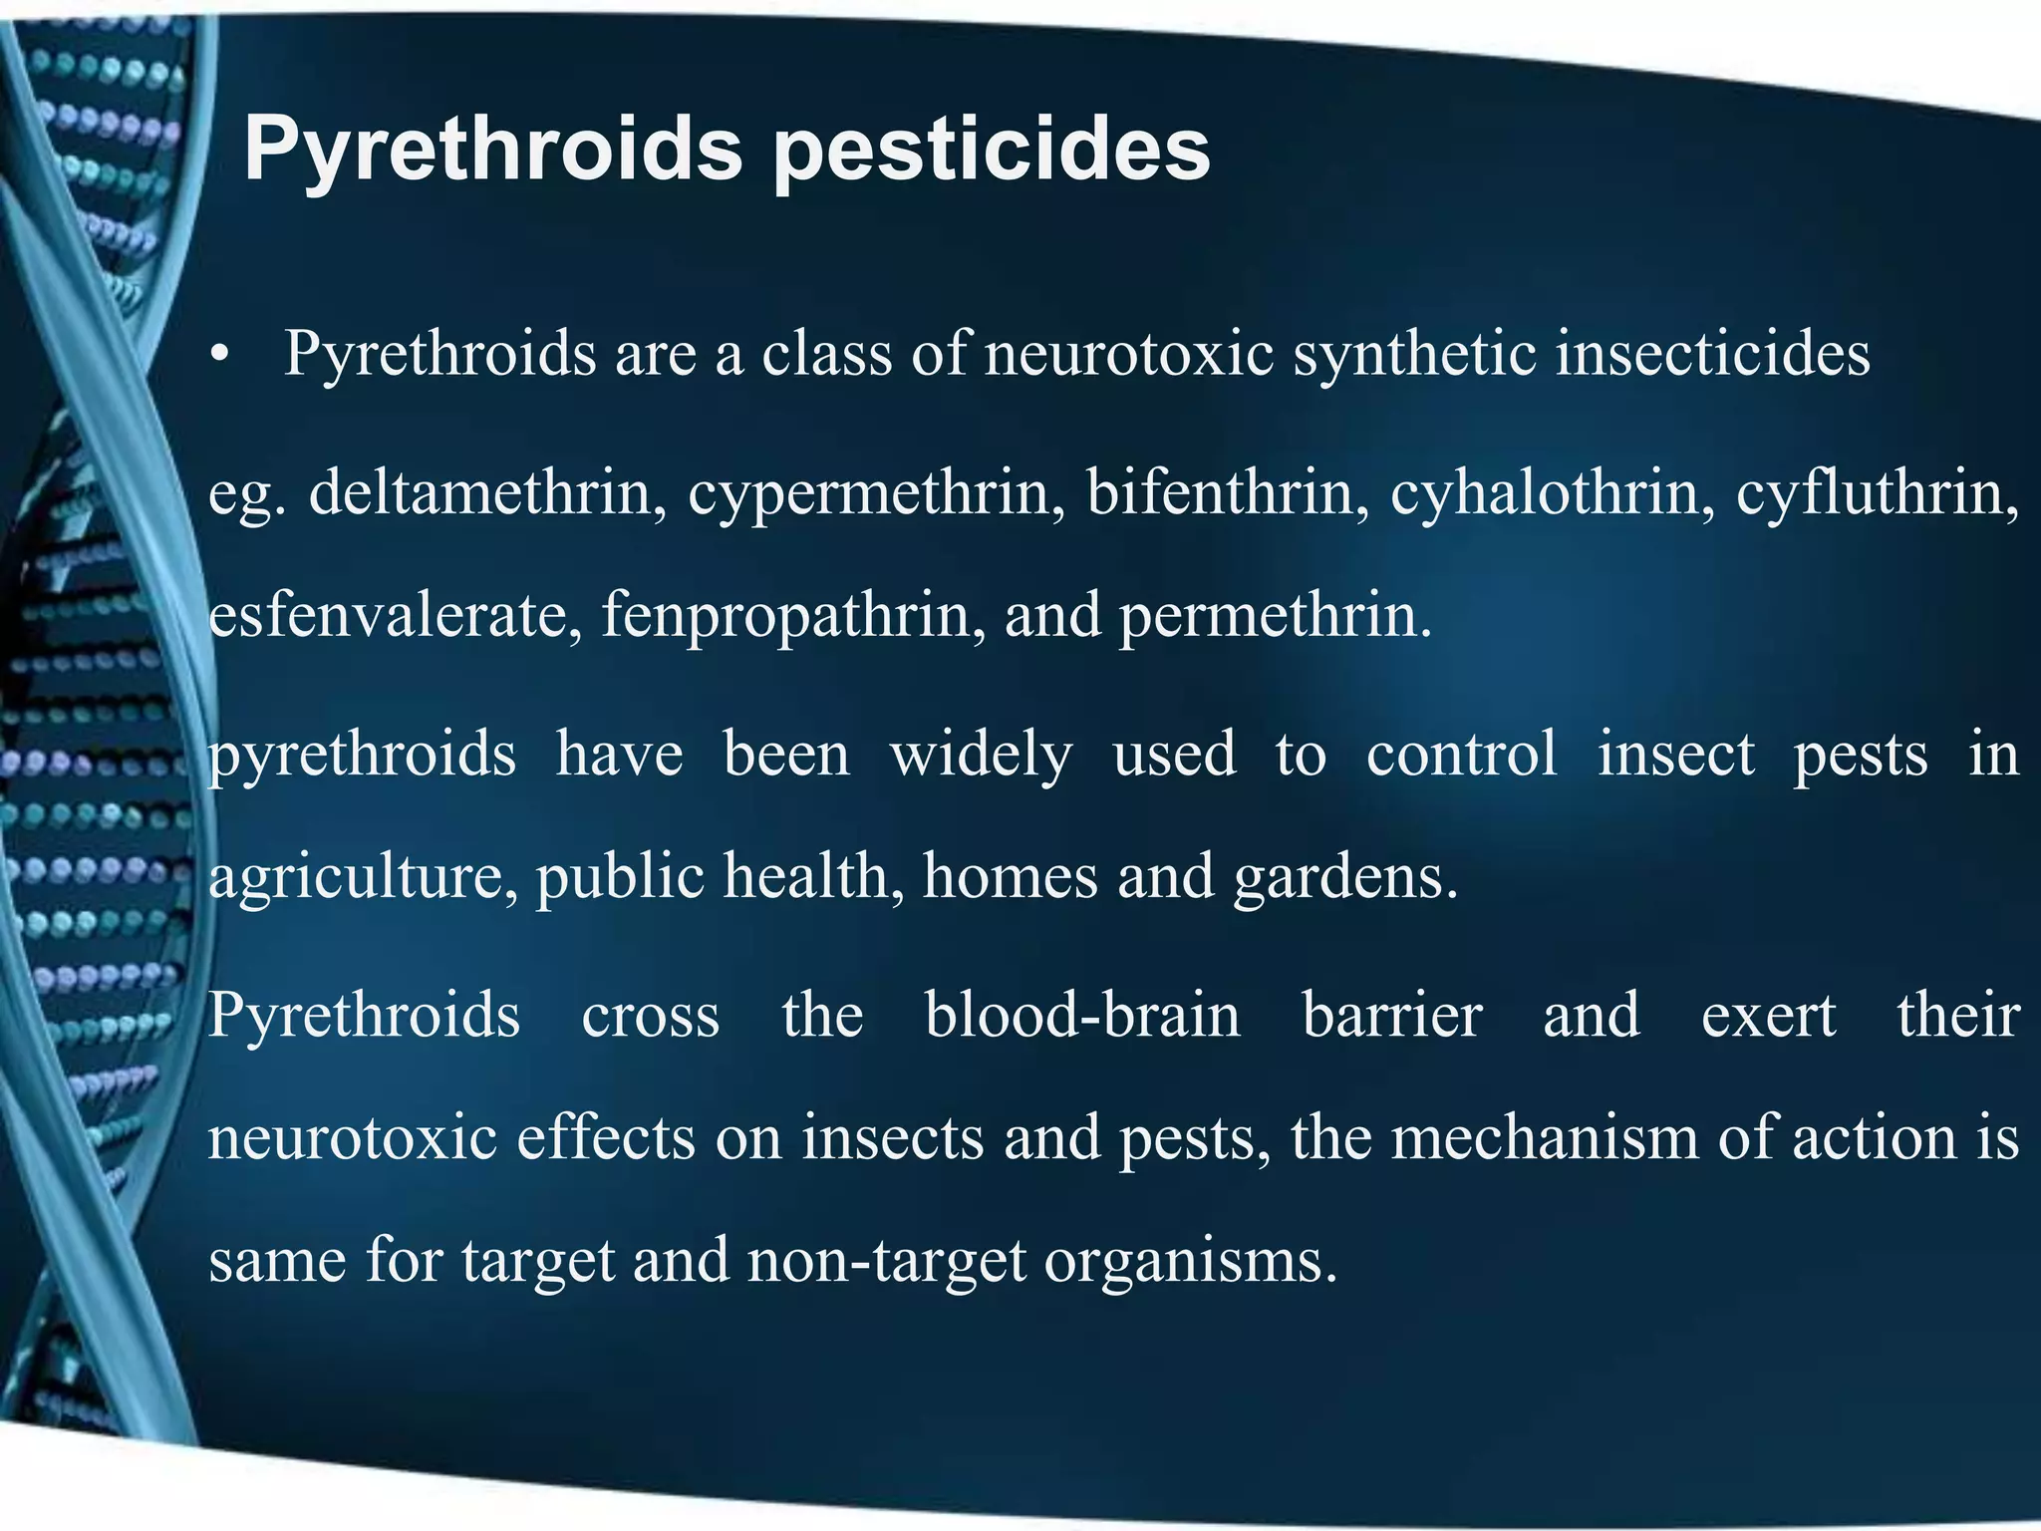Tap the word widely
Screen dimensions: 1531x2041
click(x=981, y=755)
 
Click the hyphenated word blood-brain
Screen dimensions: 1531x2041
click(x=1082, y=1016)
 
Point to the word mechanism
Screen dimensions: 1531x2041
click(x=1545, y=1137)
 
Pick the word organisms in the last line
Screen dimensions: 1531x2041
click(x=1190, y=1261)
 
